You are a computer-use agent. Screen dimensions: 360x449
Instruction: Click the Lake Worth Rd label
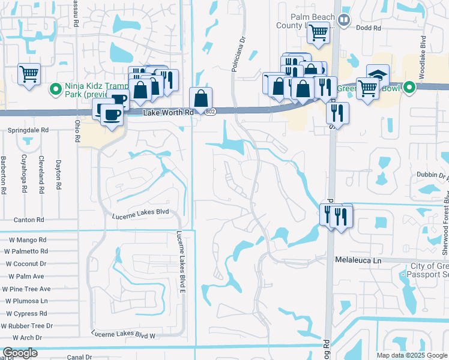pyautogui.click(x=169, y=112)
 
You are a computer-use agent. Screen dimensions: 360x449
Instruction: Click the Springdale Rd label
pyautogui.click(x=28, y=130)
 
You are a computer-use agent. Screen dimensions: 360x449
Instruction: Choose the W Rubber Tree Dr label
pyautogui.click(x=27, y=326)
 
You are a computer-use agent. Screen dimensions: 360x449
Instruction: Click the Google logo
pyautogui.click(x=20, y=353)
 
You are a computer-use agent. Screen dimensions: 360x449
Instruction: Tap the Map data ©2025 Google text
pyautogui.click(x=412, y=355)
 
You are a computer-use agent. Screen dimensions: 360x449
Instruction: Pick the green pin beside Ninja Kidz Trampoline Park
pyautogui.click(x=56, y=89)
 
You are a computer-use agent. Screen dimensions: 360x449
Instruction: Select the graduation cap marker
pyautogui.click(x=378, y=74)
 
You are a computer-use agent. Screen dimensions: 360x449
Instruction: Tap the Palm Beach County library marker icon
pyautogui.click(x=343, y=20)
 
